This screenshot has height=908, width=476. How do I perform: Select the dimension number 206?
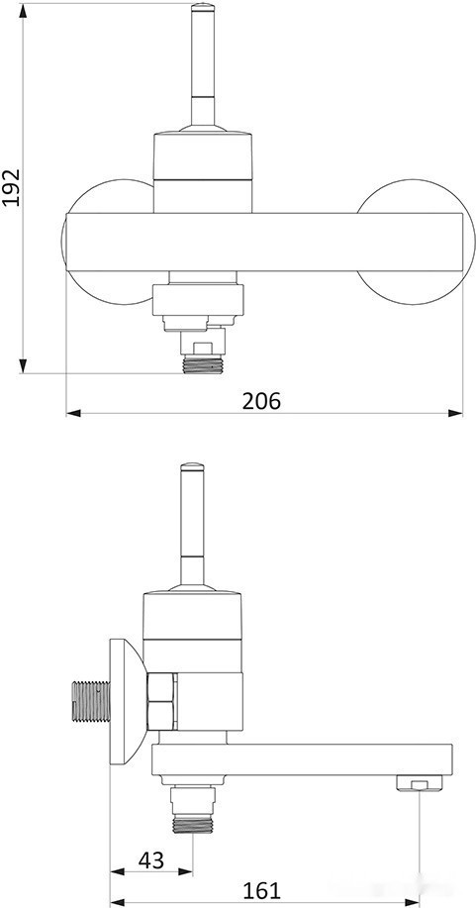pos(261,400)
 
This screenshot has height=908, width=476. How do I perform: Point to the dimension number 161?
pos(260,890)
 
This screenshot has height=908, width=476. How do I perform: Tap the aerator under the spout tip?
pos(418,785)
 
